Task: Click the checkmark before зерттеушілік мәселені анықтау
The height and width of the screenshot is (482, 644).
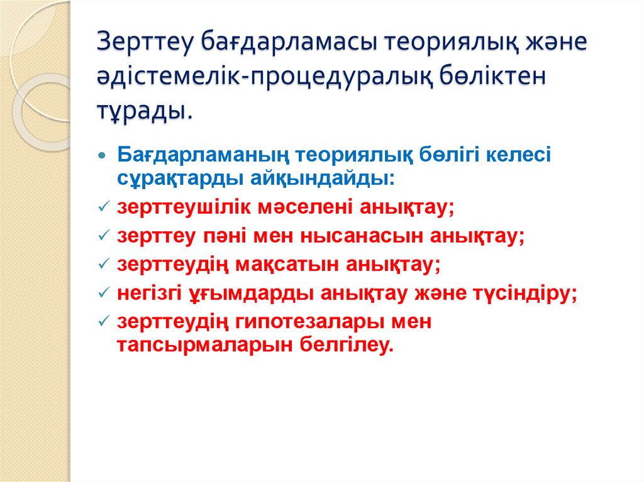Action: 104,207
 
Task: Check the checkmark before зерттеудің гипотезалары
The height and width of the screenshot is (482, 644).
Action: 104,322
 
